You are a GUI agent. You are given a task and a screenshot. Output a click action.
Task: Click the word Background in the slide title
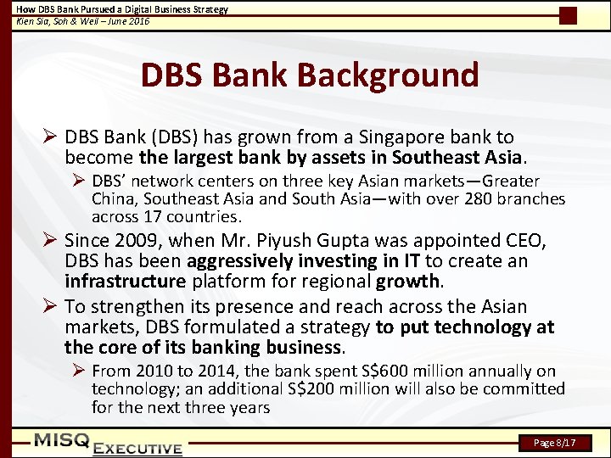395,75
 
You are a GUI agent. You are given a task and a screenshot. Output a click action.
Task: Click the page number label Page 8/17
555,443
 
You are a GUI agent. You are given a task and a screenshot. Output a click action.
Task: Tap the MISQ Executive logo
107,443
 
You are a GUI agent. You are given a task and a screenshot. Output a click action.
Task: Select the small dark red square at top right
568,15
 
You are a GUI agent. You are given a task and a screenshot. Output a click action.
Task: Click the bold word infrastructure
125,281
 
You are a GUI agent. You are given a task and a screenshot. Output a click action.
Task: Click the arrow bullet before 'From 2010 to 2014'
79,371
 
